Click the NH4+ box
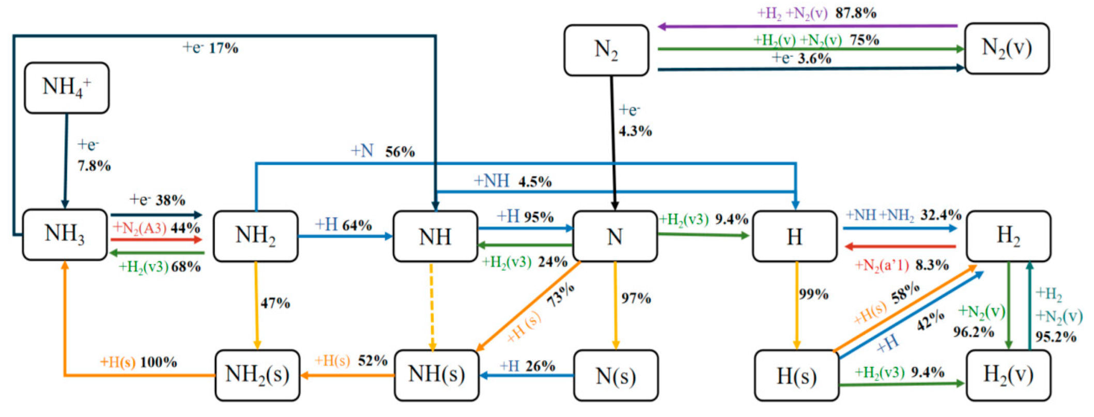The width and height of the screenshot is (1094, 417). coord(67,87)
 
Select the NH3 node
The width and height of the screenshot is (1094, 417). coord(65,234)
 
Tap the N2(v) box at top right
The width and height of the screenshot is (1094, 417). coord(1007,48)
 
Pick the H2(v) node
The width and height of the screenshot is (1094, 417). coord(1008,375)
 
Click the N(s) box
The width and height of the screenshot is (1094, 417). coord(615,376)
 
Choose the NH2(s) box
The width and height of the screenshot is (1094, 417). coord(257,375)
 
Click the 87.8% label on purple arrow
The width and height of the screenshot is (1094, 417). coord(856,13)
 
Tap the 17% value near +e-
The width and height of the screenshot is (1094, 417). coord(224,48)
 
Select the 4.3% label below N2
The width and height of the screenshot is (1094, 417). coord(635,131)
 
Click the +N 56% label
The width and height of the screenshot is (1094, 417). coord(383,151)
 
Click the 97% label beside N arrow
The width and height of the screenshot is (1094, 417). coord(636,298)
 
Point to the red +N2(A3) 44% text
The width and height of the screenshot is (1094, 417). coord(156,228)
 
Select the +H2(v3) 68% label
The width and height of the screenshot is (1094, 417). coord(159,267)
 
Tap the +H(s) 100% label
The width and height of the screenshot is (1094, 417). coord(138,362)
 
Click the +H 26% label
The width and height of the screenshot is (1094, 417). coord(527,366)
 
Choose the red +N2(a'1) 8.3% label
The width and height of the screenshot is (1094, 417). coord(901,265)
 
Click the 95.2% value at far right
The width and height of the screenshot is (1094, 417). coord(1055,337)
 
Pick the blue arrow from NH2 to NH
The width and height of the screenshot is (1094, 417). coord(345,236)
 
